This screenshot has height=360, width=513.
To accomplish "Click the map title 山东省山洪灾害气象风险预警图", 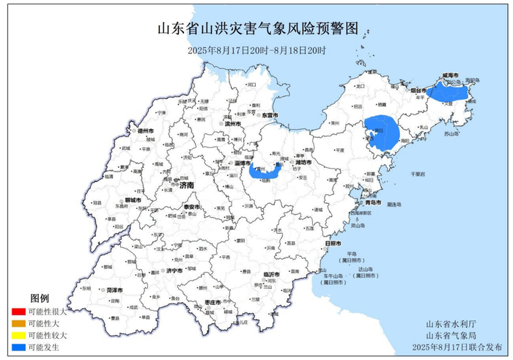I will pyautogui.click(x=257, y=29).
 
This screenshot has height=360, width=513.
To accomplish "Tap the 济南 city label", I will pyautogui.click(x=187, y=186).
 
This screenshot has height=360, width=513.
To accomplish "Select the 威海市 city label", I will pyautogui.click(x=451, y=76).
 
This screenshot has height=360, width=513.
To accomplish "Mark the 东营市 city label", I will pyautogui.click(x=270, y=115).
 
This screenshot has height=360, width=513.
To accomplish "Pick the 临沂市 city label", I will pyautogui.click(x=271, y=274).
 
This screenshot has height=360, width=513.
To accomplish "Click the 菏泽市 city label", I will pyautogui.click(x=114, y=290).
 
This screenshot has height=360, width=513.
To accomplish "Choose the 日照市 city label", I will pyautogui.click(x=332, y=243).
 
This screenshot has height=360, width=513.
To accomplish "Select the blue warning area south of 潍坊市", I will pyautogui.click(x=265, y=172).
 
